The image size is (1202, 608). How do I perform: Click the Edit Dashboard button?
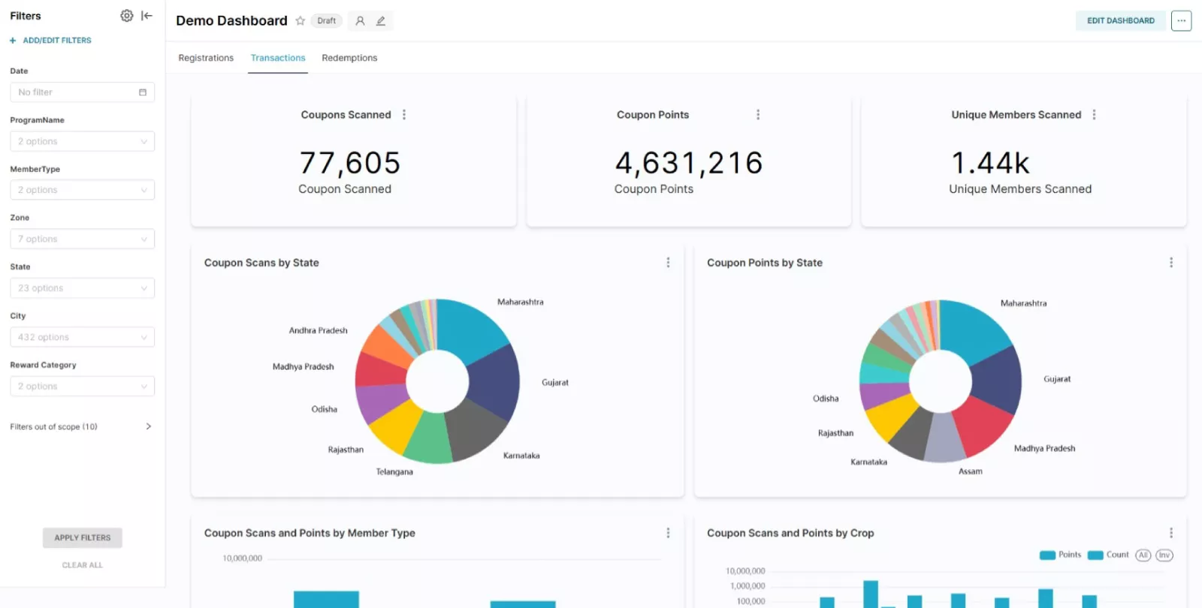point(1120,21)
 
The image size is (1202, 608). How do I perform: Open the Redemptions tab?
point(349,58)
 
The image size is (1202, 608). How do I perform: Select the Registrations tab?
point(206,58)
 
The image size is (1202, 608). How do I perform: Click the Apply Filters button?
point(83,537)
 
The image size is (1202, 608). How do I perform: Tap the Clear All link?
point(83,565)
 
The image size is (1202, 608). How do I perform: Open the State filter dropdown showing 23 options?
point(82,288)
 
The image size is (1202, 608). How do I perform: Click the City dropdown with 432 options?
point(82,337)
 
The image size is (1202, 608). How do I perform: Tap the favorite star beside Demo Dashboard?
point(300,21)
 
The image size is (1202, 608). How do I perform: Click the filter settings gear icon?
point(127,16)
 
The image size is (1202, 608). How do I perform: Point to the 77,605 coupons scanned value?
point(350,163)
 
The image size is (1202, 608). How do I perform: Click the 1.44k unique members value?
point(990,163)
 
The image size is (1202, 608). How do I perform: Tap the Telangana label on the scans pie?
point(394,472)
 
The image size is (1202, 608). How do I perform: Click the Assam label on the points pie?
point(970,471)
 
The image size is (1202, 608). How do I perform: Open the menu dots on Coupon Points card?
point(758,115)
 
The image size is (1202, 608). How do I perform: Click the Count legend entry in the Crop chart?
point(1109,555)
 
